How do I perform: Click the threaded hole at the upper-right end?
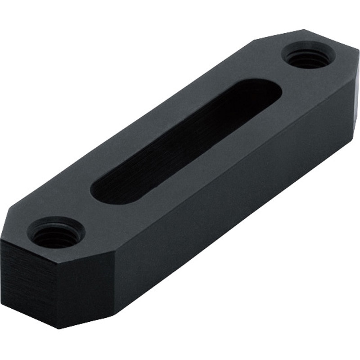308,57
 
